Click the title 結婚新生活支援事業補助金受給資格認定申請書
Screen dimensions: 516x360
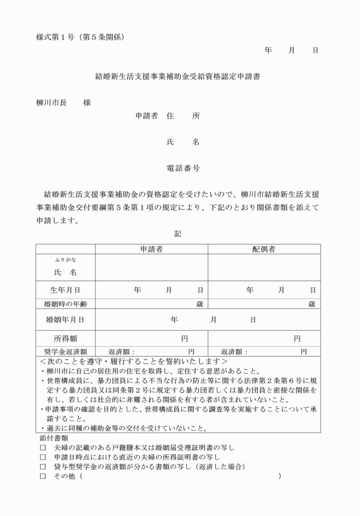coord(179,74)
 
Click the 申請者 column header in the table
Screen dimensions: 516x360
coord(151,249)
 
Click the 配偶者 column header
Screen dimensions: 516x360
coord(264,249)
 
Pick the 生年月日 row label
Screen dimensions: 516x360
coord(66,290)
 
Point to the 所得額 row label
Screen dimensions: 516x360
coord(66,338)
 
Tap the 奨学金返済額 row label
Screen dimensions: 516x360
coord(66,351)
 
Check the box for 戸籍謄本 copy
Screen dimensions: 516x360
coord(42,447)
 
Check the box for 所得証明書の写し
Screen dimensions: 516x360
coord(42,457)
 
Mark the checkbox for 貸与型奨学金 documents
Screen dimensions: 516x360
coord(42,467)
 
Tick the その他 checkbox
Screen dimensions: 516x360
coord(42,477)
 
